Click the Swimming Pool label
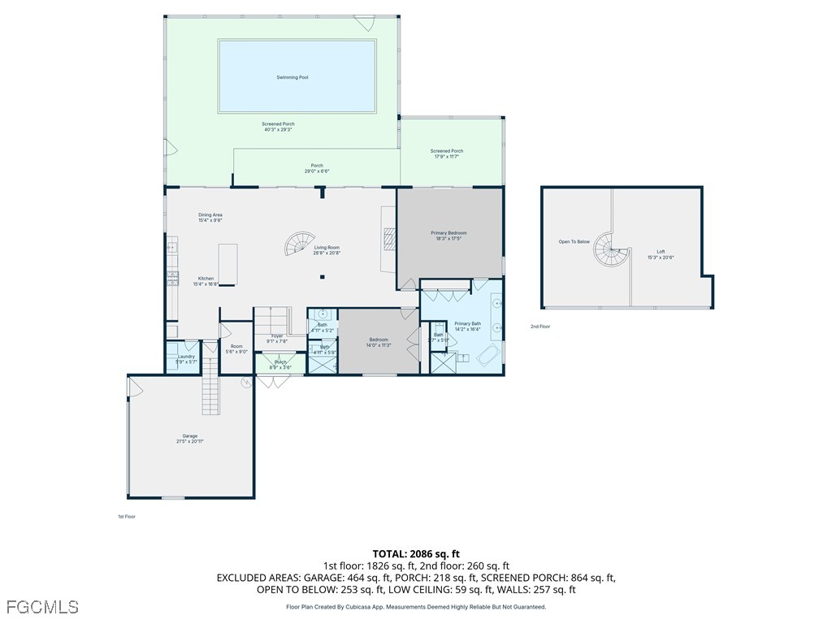click(x=292, y=77)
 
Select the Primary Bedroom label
click(x=448, y=236)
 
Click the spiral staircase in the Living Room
click(x=300, y=244)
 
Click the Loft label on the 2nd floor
click(x=661, y=254)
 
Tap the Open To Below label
click(x=574, y=241)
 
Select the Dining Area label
click(x=210, y=217)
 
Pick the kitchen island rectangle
click(x=227, y=264)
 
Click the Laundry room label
click(x=186, y=358)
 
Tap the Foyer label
click(x=277, y=338)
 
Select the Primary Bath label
click(x=467, y=326)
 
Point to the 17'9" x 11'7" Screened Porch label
click(x=446, y=153)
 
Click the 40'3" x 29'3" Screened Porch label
click(x=278, y=127)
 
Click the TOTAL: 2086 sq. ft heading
click(x=415, y=552)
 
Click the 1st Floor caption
click(x=126, y=516)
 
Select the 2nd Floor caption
click(x=540, y=327)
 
